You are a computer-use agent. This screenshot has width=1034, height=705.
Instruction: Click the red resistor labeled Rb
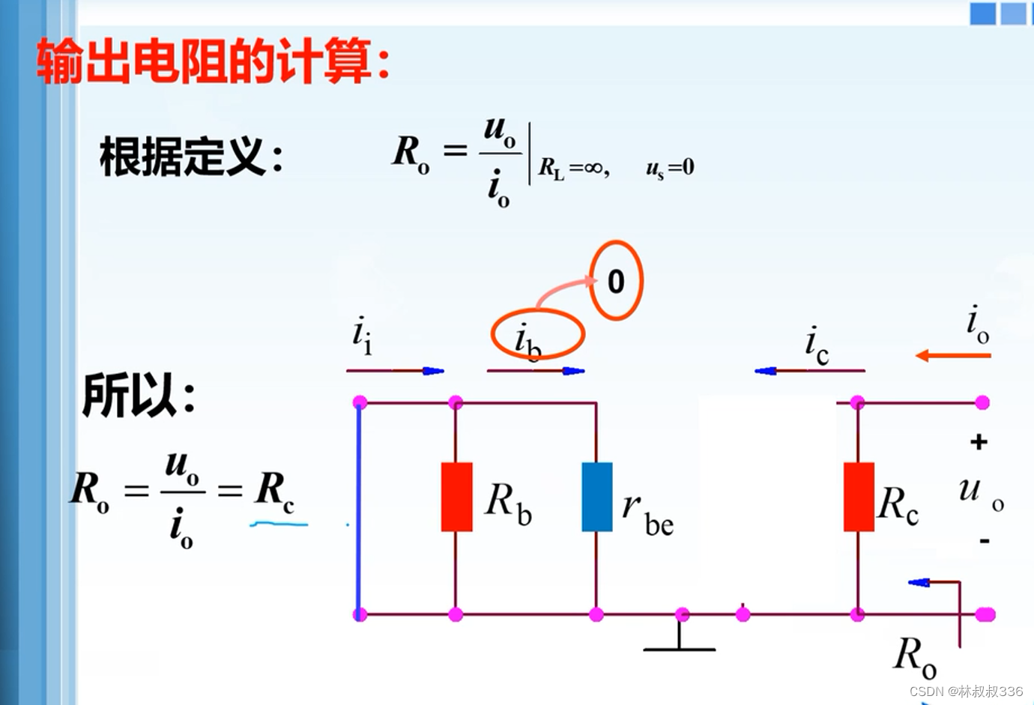456,497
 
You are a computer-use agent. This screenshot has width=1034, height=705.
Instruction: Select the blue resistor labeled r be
596,497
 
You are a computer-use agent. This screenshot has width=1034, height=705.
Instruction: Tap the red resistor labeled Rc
859,497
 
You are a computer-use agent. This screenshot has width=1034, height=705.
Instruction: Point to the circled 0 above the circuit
616,281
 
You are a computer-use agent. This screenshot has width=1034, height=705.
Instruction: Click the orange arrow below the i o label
953,355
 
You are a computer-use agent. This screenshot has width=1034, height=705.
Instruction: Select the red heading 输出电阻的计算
214,61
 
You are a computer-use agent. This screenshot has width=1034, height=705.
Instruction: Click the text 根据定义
191,157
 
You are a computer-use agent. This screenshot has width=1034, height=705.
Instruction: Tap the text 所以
139,395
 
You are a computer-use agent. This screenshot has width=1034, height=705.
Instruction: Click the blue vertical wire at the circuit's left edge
359,509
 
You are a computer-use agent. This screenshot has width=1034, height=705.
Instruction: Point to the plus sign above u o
979,442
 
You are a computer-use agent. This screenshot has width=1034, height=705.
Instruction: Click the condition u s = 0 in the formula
670,168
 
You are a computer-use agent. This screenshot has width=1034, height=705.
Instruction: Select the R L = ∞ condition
574,168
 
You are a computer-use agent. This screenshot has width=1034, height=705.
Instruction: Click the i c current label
816,346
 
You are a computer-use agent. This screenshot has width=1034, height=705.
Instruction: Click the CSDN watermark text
966,691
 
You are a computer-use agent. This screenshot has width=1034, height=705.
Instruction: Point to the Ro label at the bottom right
915,656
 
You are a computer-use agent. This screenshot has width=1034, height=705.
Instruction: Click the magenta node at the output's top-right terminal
982,403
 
